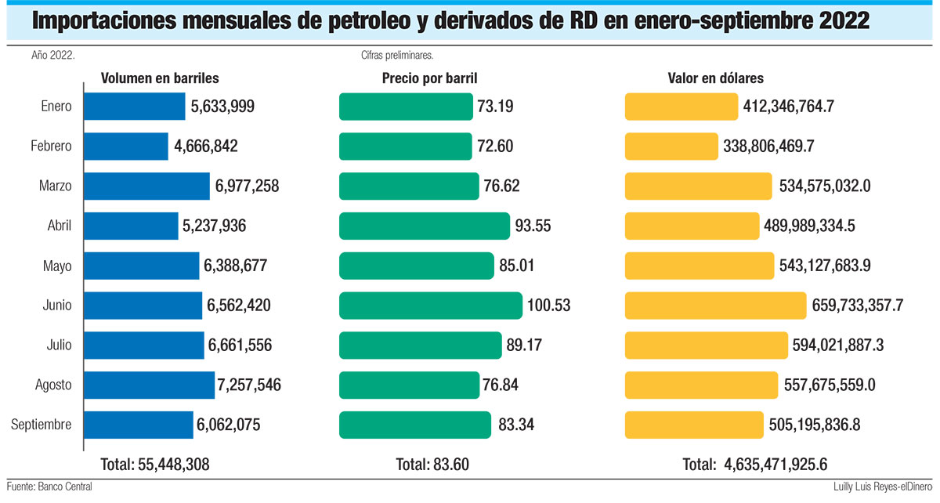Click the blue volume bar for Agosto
pos(149,385)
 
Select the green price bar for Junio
pos(430,306)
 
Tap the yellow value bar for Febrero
pos(671,147)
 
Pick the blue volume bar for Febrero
pos(125,147)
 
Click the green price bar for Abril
pos(424,226)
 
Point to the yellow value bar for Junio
pos(715,306)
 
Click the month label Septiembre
pos(42,425)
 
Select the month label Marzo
pos(55,186)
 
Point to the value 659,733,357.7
pos(859,306)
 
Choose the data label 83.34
pos(516,425)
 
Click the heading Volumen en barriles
pos(159,78)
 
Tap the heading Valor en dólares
pos(715,78)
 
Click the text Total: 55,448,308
pos(155,464)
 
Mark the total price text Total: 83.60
pos(432,464)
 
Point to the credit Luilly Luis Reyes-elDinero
pos(880,487)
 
